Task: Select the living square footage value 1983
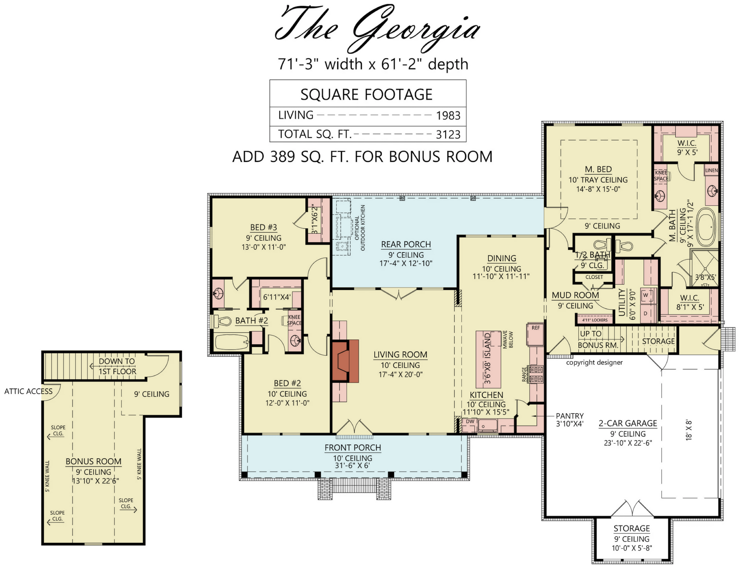[x=448, y=116]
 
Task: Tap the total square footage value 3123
[x=448, y=135]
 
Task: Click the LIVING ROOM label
[x=400, y=355]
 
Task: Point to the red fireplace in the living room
[x=345, y=361]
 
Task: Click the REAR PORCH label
[x=406, y=244]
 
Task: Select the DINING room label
[x=502, y=258]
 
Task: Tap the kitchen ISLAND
[x=488, y=358]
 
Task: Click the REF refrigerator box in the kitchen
[x=535, y=334]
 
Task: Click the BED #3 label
[x=263, y=227]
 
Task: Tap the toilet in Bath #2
[x=222, y=321]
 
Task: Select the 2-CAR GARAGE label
[x=628, y=424]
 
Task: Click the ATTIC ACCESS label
[x=28, y=391]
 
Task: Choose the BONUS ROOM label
[x=94, y=462]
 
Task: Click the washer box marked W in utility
[x=646, y=295]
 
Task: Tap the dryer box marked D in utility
[x=646, y=313]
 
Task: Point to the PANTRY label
[x=570, y=416]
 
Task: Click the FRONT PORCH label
[x=353, y=448]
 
